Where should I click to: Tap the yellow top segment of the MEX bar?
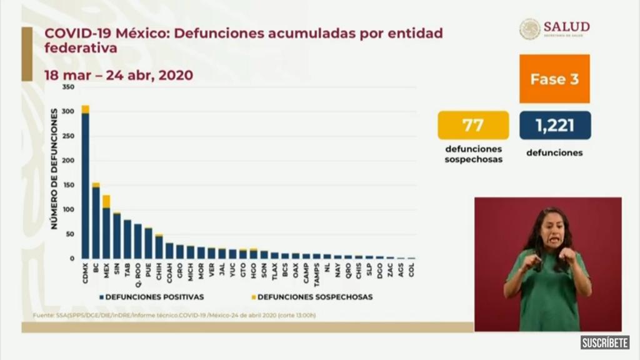106,201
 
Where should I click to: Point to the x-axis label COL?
411,269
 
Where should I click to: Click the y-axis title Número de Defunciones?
54,169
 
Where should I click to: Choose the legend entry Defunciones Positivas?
154,297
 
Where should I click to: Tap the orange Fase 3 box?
554,79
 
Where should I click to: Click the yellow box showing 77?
473,125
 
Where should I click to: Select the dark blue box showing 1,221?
554,125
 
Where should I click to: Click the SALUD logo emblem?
529,29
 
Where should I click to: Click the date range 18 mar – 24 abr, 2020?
118,75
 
